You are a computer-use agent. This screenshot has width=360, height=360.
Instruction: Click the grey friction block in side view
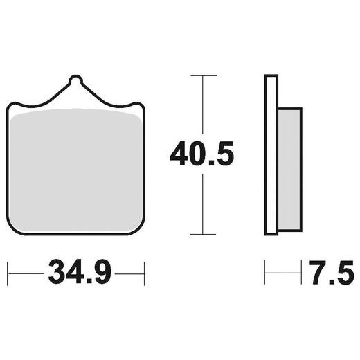tap(290, 168)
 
